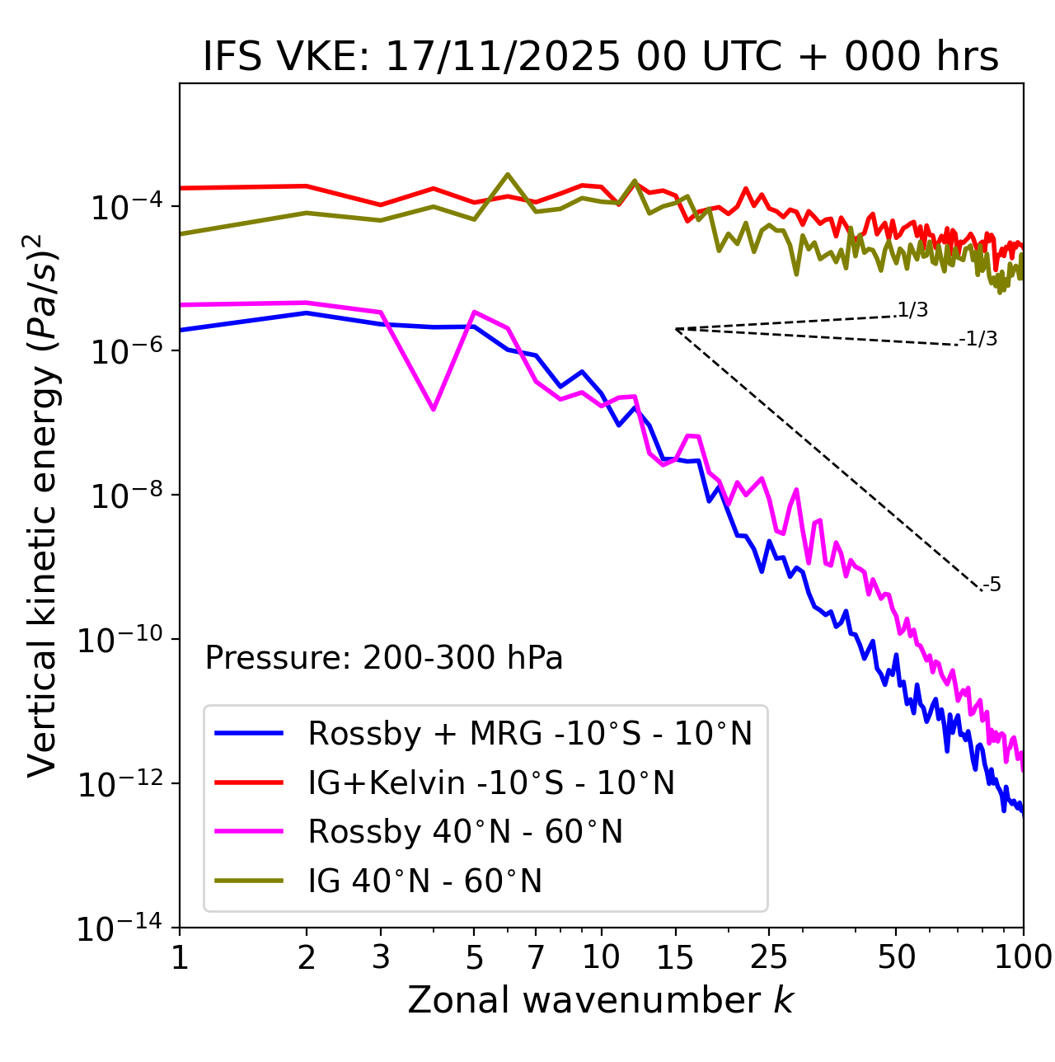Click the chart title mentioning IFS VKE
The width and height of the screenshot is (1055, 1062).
(601, 58)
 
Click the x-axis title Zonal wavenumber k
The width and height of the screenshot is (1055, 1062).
(601, 999)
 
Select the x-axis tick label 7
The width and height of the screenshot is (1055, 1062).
(536, 957)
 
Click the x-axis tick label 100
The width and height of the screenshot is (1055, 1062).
(1023, 957)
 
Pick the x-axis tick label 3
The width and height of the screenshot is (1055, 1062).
(381, 957)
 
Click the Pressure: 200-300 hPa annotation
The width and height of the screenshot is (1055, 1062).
(384, 658)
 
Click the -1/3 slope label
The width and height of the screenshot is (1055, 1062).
(978, 339)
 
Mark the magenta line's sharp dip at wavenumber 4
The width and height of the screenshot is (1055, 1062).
(434, 409)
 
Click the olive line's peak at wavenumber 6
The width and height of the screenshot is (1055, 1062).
(508, 174)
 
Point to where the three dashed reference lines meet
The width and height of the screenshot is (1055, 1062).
(676, 329)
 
